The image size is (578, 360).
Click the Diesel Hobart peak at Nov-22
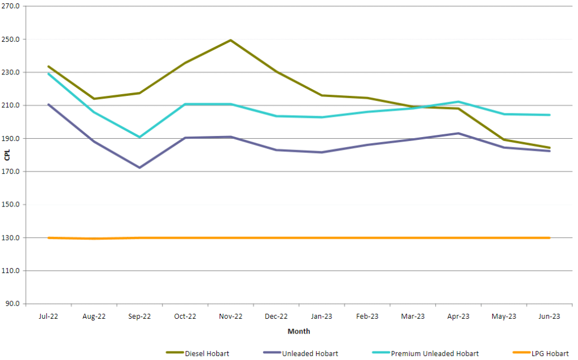point(230,40)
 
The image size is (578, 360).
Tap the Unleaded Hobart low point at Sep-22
point(139,168)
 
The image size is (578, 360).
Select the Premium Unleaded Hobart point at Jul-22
point(49,73)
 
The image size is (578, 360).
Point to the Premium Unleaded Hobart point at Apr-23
point(458,102)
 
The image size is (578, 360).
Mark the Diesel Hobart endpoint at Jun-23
point(549,148)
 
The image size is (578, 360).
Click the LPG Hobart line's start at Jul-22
point(49,238)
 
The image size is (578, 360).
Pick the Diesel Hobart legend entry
point(198,353)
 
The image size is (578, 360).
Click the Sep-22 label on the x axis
point(139,317)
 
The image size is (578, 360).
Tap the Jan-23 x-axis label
point(322,317)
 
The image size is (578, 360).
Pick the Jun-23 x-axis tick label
point(549,317)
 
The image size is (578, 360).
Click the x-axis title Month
point(299,331)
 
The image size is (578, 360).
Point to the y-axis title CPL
point(7,155)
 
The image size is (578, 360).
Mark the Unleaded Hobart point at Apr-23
point(458,133)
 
